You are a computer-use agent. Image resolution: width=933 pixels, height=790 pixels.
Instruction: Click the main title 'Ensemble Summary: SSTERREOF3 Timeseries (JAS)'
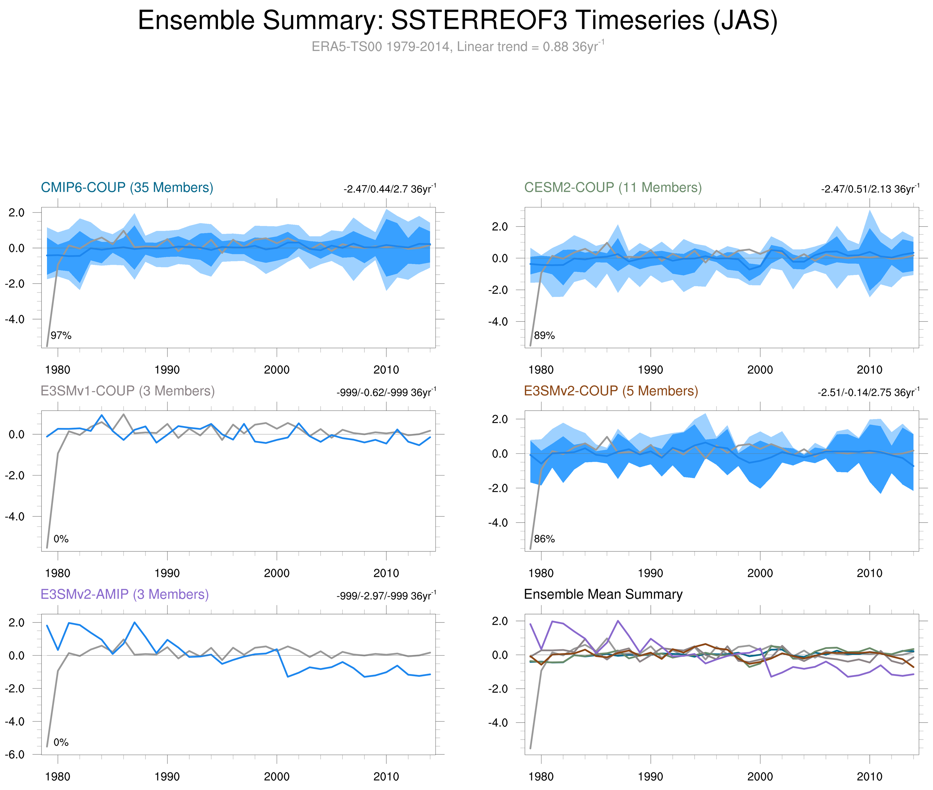click(x=457, y=21)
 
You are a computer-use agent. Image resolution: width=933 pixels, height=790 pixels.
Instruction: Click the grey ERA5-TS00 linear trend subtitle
click(x=457, y=47)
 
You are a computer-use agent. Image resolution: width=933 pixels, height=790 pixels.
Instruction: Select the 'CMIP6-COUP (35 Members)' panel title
click(x=127, y=187)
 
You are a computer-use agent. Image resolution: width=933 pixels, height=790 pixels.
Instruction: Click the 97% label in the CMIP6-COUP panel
click(x=61, y=335)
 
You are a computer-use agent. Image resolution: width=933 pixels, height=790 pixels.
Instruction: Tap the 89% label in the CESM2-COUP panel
click(x=544, y=335)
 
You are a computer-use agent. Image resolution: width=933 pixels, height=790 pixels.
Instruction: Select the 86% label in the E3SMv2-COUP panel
click(x=544, y=539)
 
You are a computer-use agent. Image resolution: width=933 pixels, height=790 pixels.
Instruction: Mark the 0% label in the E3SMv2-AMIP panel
click(x=61, y=742)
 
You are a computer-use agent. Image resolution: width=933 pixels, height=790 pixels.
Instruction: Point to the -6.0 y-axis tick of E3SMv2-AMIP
click(x=15, y=754)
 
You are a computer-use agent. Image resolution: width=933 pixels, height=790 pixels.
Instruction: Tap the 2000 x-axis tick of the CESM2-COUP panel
click(x=760, y=370)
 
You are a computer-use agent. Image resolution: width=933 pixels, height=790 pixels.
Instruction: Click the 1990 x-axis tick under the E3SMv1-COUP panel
click(x=167, y=573)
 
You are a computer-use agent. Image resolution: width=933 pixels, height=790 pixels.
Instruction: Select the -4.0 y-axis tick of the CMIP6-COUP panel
click(x=15, y=319)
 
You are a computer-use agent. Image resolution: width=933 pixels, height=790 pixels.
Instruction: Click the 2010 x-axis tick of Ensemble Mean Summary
click(x=869, y=777)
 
